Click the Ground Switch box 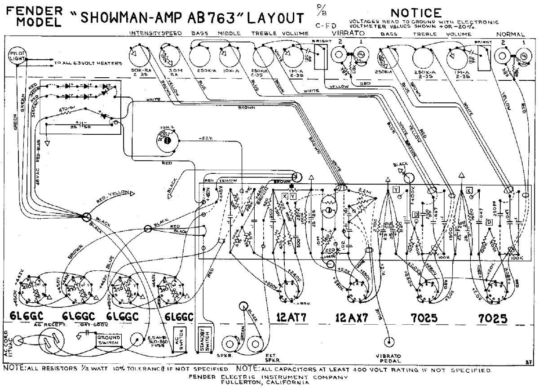(108, 340)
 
